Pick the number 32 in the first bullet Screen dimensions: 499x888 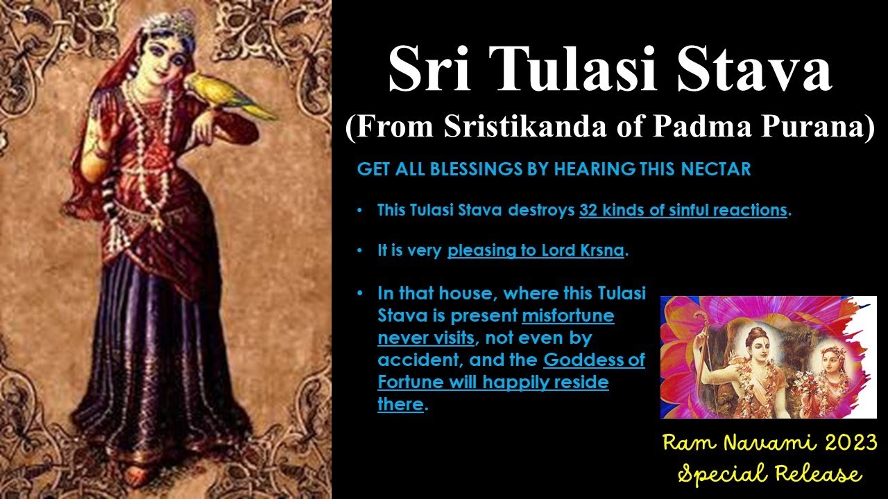coord(589,210)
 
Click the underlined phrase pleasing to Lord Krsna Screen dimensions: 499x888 coord(536,251)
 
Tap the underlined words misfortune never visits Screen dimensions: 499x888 coord(495,327)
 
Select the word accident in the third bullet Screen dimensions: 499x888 coord(420,360)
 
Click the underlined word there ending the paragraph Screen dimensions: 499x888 coord(400,405)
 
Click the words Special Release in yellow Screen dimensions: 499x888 coord(770,474)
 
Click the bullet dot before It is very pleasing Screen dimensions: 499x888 coord(359,251)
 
